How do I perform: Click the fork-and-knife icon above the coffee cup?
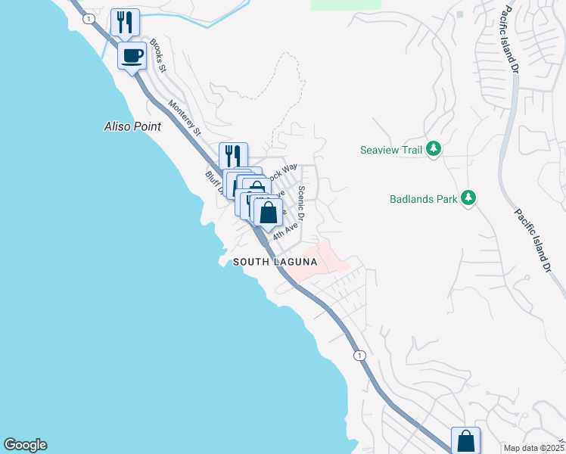126,22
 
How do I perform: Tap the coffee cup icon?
132,55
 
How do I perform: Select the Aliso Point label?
132,126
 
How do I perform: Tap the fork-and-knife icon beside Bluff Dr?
234,156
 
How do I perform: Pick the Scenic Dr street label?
301,204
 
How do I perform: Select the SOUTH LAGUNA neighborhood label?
274,262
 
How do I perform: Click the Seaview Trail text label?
390,150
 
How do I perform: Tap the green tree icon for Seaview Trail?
434,149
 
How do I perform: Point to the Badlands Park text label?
424,200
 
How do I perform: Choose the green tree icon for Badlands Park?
469,199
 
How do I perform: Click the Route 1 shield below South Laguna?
359,355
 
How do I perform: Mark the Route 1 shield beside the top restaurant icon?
89,17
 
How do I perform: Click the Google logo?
25,445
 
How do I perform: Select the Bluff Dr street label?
213,182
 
